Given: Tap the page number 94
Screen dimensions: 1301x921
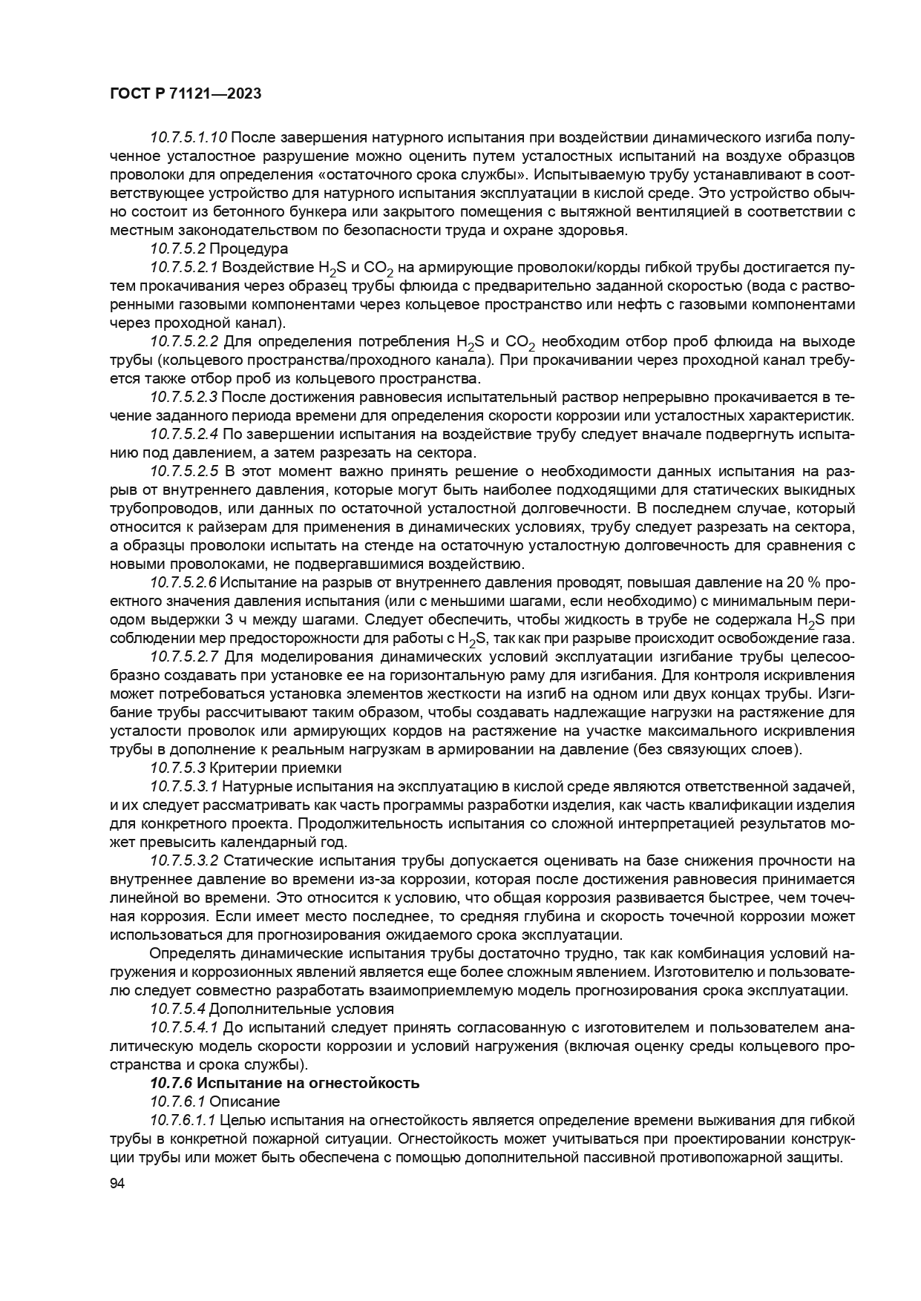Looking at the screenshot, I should pyautogui.click(x=117, y=1185).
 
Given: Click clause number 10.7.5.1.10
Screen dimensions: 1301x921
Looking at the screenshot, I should pyautogui.click(x=189, y=138).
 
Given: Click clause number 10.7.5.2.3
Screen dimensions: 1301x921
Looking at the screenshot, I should pyautogui.click(x=184, y=397).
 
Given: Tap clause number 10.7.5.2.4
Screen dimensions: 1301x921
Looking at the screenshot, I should pyautogui.click(x=184, y=434).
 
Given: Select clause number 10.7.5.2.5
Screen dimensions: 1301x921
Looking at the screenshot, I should pyautogui.click(x=184, y=471).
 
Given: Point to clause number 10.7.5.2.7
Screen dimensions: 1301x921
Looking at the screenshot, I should pyautogui.click(x=184, y=656).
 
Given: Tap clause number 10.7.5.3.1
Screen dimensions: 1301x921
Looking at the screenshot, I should pyautogui.click(x=184, y=786).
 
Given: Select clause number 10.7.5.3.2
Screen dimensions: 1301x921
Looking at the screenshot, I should pyautogui.click(x=184, y=860).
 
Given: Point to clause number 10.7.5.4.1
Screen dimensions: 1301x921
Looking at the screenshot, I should pyautogui.click(x=184, y=1027).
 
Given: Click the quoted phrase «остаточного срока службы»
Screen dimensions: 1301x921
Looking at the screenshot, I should pyautogui.click(x=430, y=175).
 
